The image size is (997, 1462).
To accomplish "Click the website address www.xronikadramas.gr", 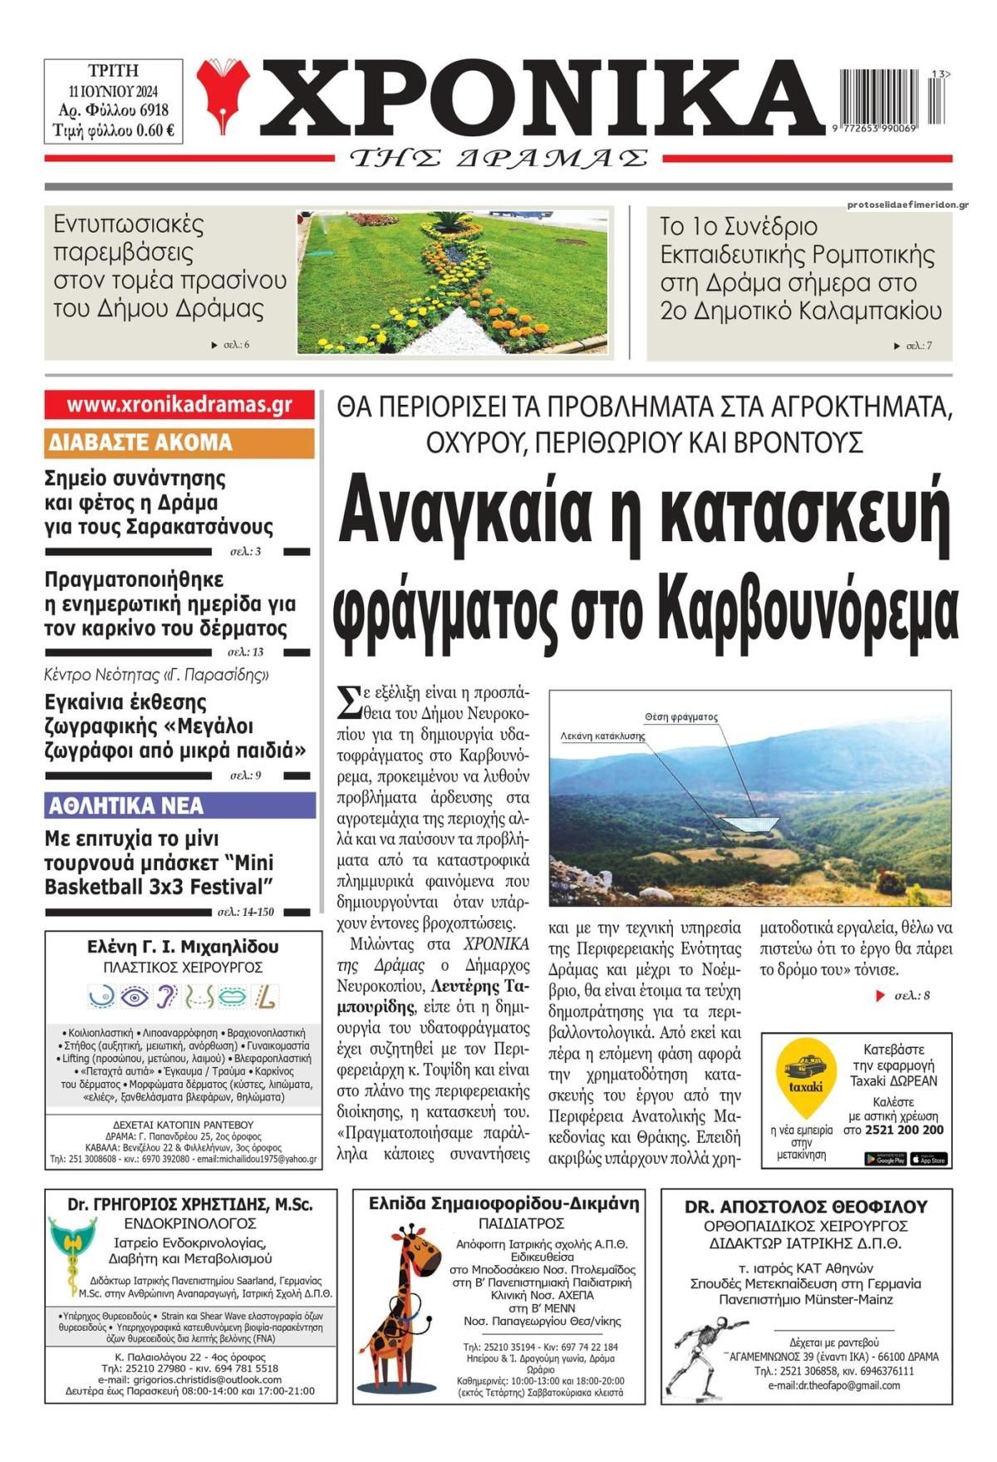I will pyautogui.click(x=179, y=405).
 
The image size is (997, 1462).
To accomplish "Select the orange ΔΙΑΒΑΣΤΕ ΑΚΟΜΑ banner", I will pyautogui.click(x=179, y=442).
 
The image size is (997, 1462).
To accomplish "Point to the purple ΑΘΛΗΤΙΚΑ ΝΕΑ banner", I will pyautogui.click(x=179, y=805).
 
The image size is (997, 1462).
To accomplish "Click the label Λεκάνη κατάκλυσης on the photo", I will pyautogui.click(x=602, y=736).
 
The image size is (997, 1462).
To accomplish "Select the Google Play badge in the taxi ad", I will pyautogui.click(x=885, y=1159).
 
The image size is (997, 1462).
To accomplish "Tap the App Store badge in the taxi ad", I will pyautogui.click(x=928, y=1159).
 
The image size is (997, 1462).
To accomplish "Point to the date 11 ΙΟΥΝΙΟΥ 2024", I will pyautogui.click(x=113, y=91).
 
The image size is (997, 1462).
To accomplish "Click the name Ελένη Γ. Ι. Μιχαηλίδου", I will pyautogui.click(x=183, y=947).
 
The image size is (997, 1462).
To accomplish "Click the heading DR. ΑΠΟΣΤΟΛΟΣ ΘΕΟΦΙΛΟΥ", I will pyautogui.click(x=806, y=1207).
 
